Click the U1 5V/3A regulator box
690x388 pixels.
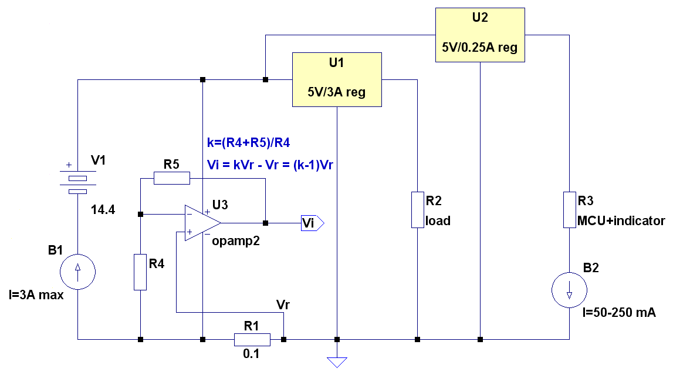[337, 80]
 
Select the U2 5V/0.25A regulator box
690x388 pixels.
[480, 35]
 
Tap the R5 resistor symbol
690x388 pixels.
[171, 178]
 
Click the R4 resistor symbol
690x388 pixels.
[140, 272]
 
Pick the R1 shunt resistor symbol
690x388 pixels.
[252, 340]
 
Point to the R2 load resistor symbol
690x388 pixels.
[418, 210]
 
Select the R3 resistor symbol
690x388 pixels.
[569, 210]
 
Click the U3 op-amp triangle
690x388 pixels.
[202, 223]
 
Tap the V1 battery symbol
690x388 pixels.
[78, 182]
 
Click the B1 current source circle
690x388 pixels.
[78, 272]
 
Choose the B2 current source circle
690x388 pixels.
[569, 290]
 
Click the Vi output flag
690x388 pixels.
[312, 223]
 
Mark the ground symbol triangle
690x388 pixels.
[337, 362]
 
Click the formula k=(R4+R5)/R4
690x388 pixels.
[249, 142]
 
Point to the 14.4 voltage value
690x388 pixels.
[103, 209]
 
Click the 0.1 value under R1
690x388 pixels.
[251, 354]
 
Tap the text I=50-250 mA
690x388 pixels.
[619, 313]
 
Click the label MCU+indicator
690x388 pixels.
[621, 220]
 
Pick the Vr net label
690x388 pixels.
[283, 305]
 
